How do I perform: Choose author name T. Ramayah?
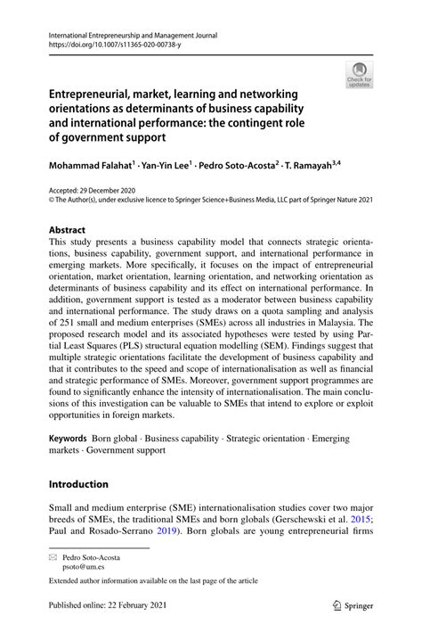point(330,166)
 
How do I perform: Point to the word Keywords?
point(69,440)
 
